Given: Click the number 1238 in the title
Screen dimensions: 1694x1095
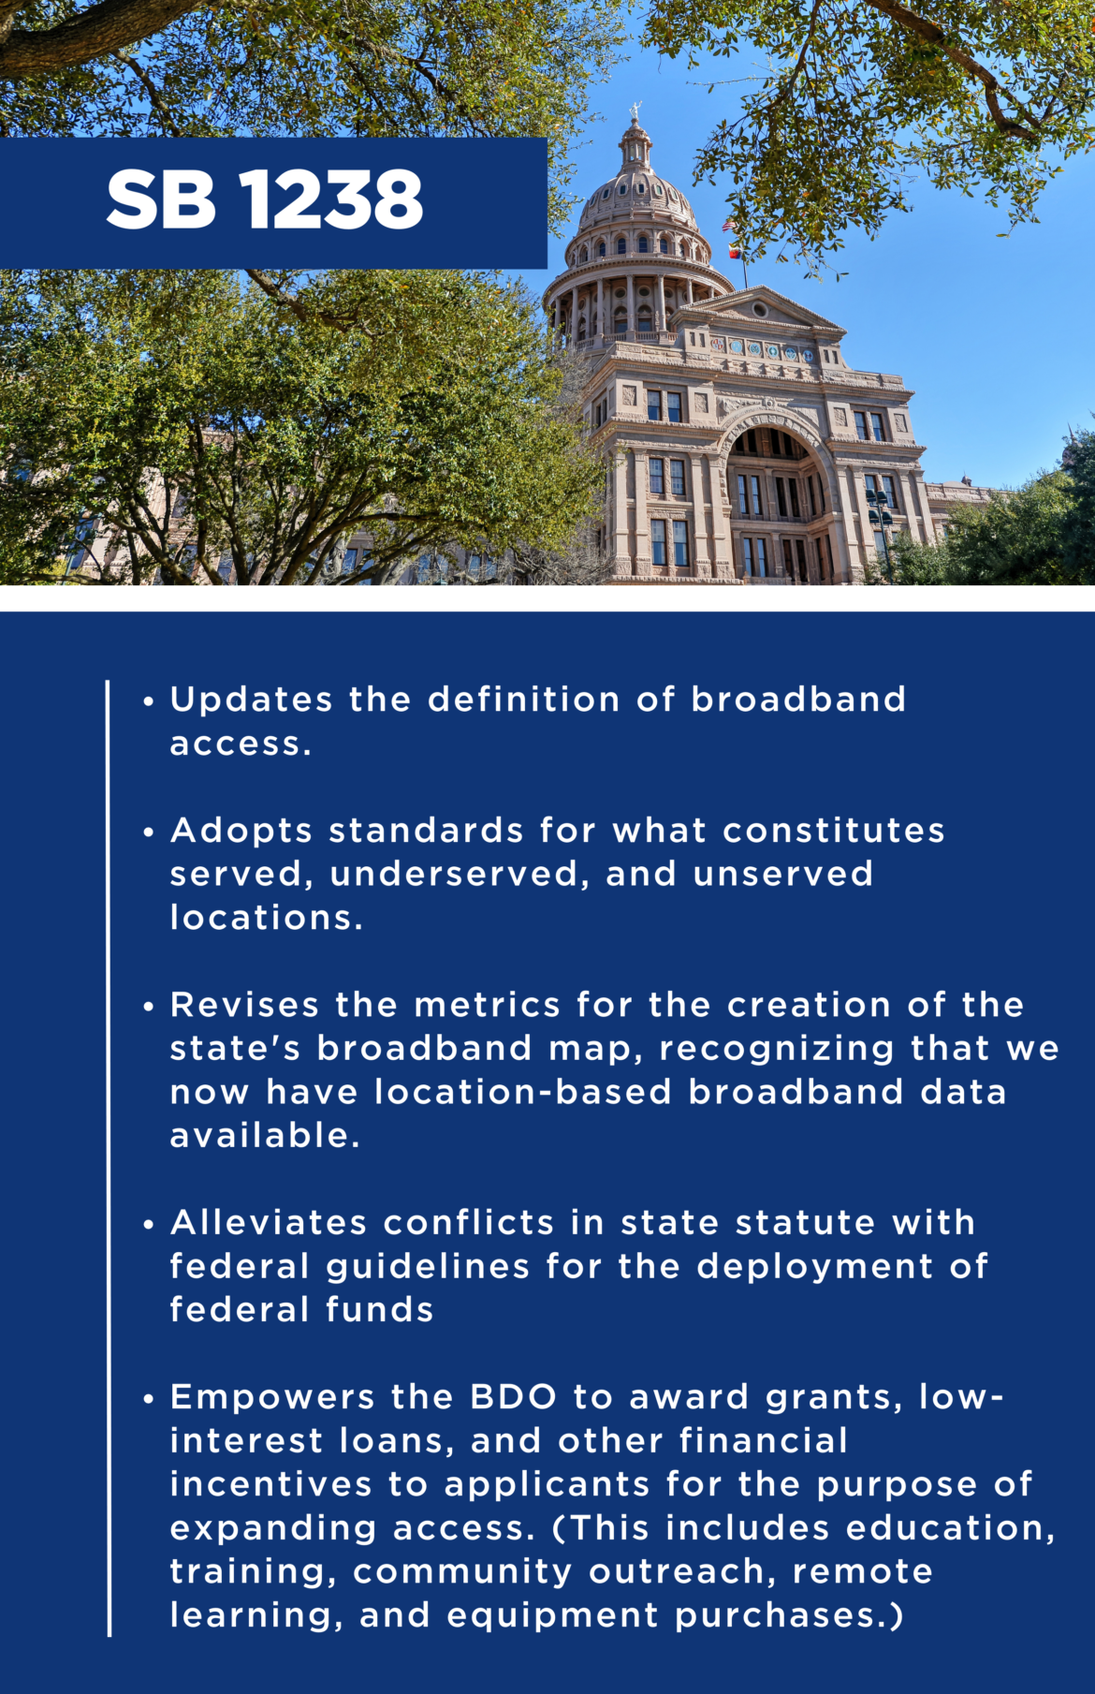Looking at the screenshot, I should (x=331, y=199).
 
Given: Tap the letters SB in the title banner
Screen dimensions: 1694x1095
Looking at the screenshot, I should (x=161, y=199).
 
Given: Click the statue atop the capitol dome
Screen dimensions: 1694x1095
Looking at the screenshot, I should (x=635, y=111).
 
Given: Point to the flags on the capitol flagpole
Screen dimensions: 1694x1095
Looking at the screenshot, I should (x=731, y=240).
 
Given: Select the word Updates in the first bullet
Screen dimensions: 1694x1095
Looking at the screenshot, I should (x=251, y=700).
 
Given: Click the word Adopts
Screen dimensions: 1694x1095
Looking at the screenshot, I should (x=241, y=831).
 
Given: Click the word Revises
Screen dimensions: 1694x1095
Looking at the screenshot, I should (x=244, y=1005).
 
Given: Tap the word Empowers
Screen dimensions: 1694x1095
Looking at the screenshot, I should (x=272, y=1397).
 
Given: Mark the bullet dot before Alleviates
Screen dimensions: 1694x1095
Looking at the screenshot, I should (x=149, y=1225).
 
